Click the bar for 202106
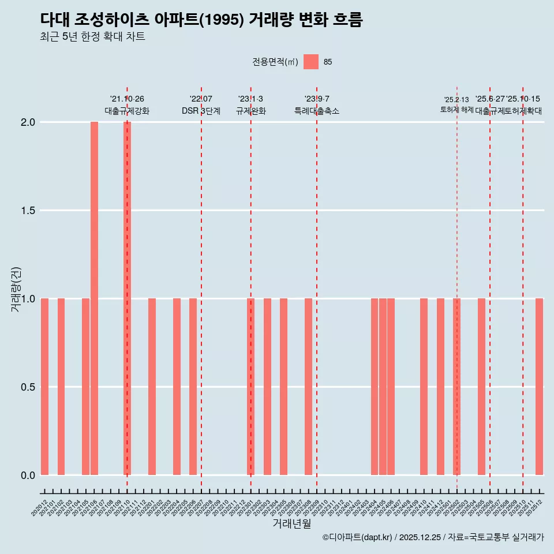point(94,298)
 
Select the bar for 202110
point(127,298)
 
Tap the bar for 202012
point(44,387)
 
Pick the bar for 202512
point(539,387)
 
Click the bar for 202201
point(152,387)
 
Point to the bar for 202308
point(308,387)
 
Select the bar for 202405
point(383,387)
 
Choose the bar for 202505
point(481,387)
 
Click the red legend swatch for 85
point(311,62)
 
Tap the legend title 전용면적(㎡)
point(275,62)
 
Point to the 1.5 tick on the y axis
point(28,211)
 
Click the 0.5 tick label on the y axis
point(28,387)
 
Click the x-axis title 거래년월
point(291,524)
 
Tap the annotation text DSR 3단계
point(201,111)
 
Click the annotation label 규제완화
point(250,111)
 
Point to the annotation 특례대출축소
point(317,111)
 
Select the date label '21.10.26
point(127,99)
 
